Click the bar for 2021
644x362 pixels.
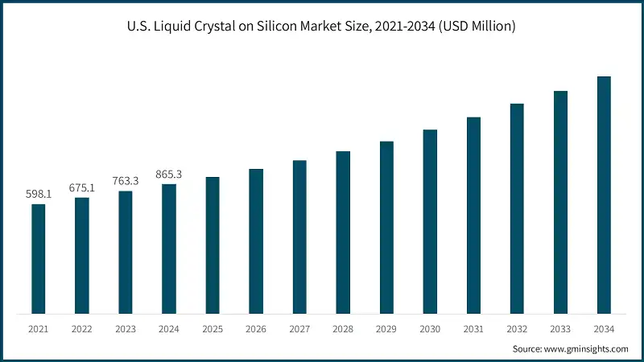click(x=39, y=258)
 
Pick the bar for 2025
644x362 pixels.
click(x=213, y=245)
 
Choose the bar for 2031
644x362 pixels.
click(x=473, y=215)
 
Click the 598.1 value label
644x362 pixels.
click(x=39, y=194)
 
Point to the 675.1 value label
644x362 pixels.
click(x=82, y=187)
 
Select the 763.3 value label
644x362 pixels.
click(x=126, y=181)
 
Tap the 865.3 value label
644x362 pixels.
click(x=169, y=174)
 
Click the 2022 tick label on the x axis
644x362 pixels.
click(x=82, y=329)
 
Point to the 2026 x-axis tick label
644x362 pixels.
click(x=256, y=329)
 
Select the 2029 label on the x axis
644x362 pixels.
click(x=386, y=329)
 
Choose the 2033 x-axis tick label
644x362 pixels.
click(x=560, y=329)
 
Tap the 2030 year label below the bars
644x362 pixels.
click(x=430, y=329)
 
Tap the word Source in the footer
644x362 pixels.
click(x=528, y=348)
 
